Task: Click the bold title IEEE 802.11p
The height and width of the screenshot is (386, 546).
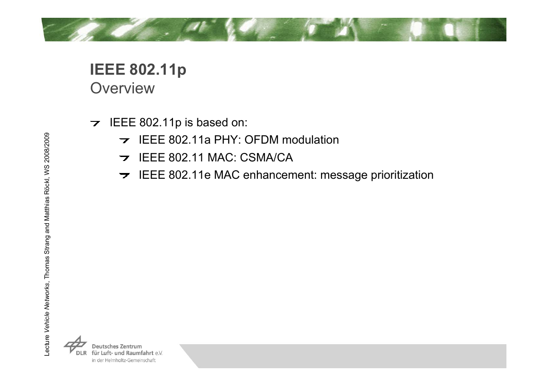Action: [x=138, y=70]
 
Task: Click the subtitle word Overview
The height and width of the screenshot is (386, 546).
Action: [x=122, y=88]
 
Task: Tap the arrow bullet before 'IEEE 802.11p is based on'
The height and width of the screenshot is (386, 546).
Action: [x=95, y=123]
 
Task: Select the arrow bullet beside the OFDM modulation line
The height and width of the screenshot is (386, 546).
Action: [x=124, y=140]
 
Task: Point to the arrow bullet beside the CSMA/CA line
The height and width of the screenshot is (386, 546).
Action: [x=124, y=158]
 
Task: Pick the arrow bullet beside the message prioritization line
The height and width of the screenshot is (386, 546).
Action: [x=124, y=175]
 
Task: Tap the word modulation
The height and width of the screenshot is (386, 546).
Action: [x=310, y=140]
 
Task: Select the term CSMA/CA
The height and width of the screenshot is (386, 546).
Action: [x=266, y=157]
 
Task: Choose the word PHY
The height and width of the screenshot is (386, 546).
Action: [x=227, y=140]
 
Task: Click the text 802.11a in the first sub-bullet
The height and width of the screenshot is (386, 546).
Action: [x=189, y=140]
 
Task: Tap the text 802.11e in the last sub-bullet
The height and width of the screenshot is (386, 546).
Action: [x=189, y=175]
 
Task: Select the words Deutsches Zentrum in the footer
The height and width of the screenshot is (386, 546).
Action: [x=117, y=346]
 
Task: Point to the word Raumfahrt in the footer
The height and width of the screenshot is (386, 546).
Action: [x=140, y=353]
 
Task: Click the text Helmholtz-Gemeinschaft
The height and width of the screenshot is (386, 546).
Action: [x=130, y=360]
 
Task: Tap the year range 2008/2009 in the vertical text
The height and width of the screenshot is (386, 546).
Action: [x=47, y=148]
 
